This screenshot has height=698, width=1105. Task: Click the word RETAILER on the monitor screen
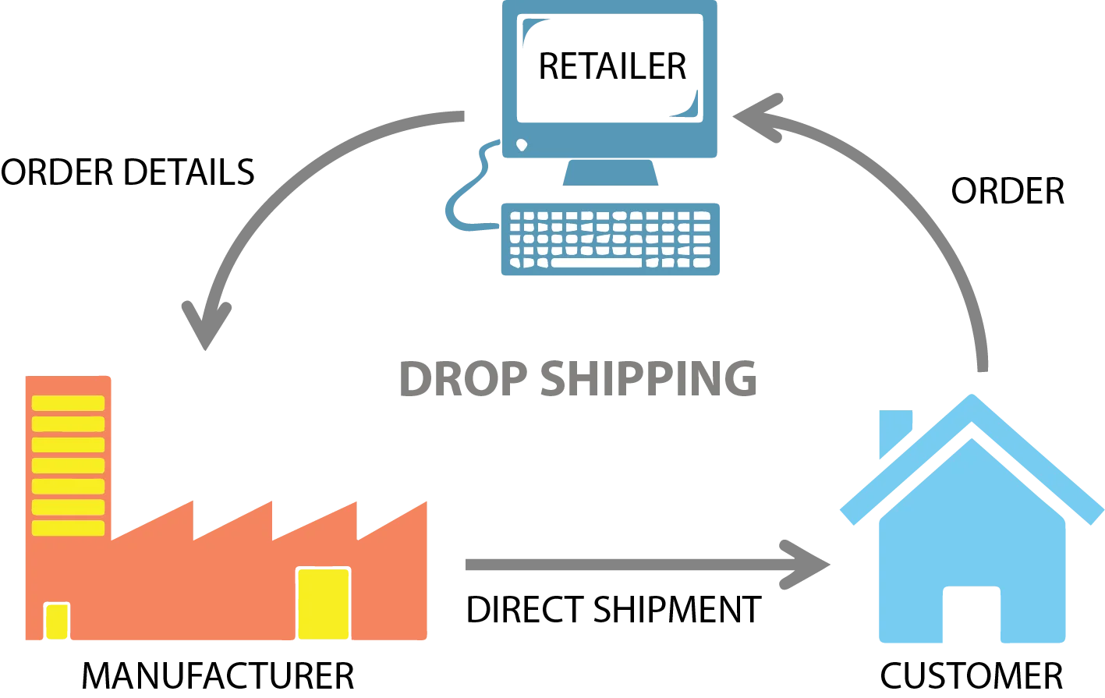click(x=612, y=66)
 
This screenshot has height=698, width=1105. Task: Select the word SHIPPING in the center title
click(x=649, y=378)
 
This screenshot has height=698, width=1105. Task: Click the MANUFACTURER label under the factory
click(x=218, y=676)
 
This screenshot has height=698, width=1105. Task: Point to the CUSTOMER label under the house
click(x=972, y=676)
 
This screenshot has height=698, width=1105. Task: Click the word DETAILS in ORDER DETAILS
click(x=189, y=172)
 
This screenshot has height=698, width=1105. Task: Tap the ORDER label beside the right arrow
click(x=1008, y=191)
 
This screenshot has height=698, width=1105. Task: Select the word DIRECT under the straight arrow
click(x=525, y=610)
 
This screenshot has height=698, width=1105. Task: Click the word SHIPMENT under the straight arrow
click(x=678, y=610)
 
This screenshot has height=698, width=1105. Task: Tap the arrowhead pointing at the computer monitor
click(x=757, y=118)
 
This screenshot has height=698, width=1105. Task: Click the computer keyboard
click(x=611, y=239)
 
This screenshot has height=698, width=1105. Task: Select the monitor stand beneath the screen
click(x=611, y=172)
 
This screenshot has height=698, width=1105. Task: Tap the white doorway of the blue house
click(x=972, y=614)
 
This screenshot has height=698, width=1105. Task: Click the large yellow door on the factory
click(x=323, y=604)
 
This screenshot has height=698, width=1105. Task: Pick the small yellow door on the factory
click(x=57, y=621)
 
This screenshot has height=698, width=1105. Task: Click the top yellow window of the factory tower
click(x=68, y=403)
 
